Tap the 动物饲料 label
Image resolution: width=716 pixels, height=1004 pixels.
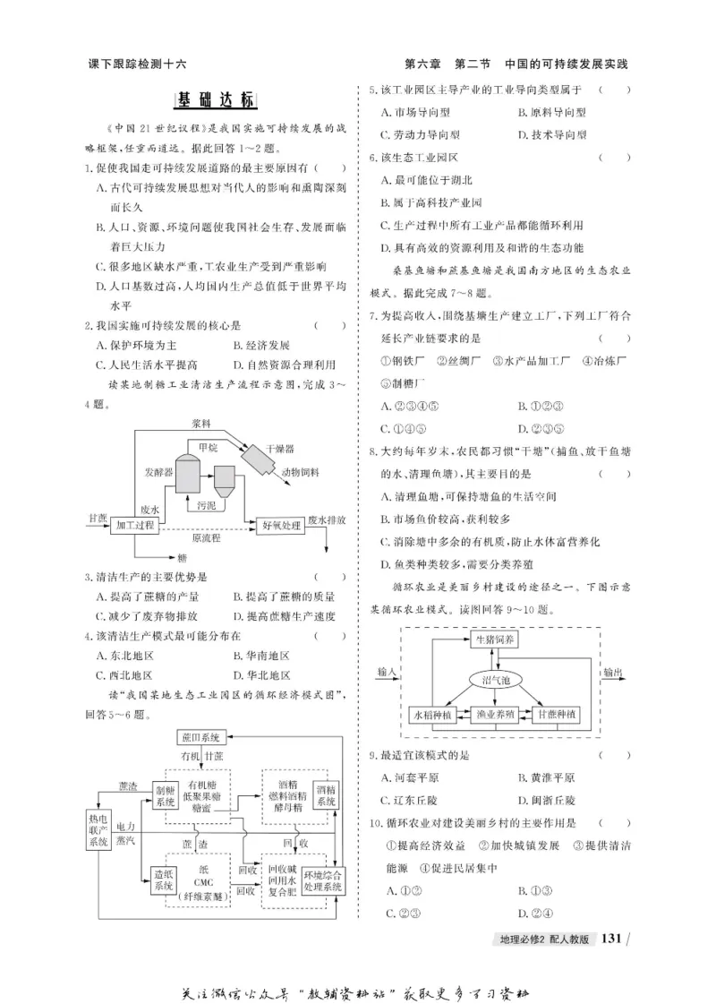click(x=302, y=472)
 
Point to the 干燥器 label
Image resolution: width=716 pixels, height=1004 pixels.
click(x=280, y=447)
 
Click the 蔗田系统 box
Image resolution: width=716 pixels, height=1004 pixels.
click(x=200, y=737)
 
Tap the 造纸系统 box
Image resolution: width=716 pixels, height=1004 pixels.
click(x=163, y=880)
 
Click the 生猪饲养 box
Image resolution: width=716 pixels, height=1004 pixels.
click(x=494, y=639)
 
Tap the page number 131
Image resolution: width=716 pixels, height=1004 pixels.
click(x=611, y=939)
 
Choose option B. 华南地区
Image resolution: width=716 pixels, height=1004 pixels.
click(x=260, y=656)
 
